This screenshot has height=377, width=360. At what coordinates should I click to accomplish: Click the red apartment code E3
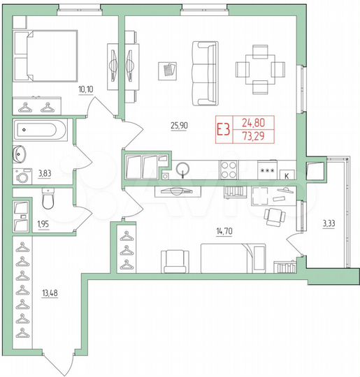pos(223,130)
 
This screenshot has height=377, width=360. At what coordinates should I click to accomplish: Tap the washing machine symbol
pos(20,176)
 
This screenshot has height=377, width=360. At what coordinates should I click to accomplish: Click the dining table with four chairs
pos(260,68)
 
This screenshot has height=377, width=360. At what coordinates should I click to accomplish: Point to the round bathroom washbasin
pos(19,154)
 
